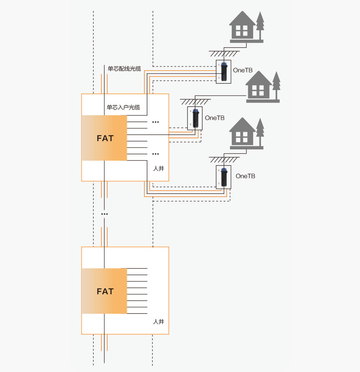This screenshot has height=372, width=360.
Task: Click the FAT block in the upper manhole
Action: tap(105, 138)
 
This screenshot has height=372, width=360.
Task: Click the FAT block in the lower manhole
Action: tap(105, 291)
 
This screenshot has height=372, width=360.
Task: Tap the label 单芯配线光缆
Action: tap(124, 69)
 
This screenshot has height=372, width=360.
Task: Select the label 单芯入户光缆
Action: tap(123, 107)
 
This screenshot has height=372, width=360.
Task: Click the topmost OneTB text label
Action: tap(243, 70)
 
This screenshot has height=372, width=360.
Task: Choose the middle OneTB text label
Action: tap(214, 118)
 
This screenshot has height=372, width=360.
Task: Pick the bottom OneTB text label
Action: tap(245, 176)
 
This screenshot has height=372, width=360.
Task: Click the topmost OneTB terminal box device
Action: tap(224, 72)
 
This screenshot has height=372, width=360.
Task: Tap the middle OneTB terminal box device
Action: tap(195, 118)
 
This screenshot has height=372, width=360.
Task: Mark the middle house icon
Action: tap(258, 85)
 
